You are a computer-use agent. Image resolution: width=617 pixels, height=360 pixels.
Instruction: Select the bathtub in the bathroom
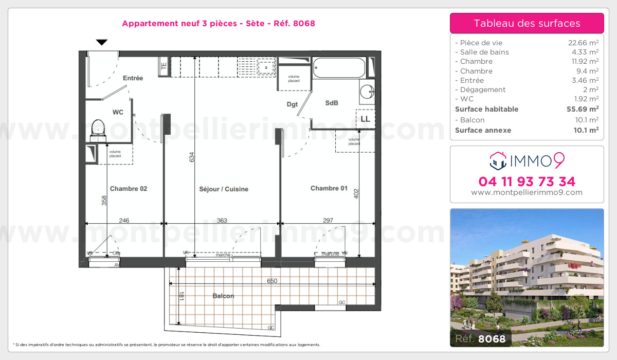339,67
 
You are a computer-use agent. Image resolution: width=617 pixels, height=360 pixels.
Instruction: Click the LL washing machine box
366,118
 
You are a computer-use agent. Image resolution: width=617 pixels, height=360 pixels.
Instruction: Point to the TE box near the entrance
164,66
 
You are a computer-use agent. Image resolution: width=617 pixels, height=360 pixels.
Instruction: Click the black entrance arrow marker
102,42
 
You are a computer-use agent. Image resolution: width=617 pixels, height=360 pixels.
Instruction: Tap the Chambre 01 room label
329,188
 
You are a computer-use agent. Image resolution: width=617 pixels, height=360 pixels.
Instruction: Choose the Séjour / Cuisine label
224,189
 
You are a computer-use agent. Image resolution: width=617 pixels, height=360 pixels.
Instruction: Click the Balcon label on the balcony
223,296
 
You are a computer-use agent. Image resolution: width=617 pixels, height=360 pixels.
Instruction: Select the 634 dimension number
192,157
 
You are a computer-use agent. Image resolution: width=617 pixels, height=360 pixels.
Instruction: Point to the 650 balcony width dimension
272,281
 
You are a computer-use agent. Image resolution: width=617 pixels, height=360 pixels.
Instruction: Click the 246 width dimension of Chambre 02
124,221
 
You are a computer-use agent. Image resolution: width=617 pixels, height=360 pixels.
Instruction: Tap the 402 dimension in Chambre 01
356,194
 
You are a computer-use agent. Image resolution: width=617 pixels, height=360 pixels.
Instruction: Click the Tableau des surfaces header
527,23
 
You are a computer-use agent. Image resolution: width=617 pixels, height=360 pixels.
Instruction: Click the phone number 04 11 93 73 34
527,182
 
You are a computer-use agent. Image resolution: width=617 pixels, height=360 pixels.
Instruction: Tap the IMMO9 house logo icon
497,161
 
